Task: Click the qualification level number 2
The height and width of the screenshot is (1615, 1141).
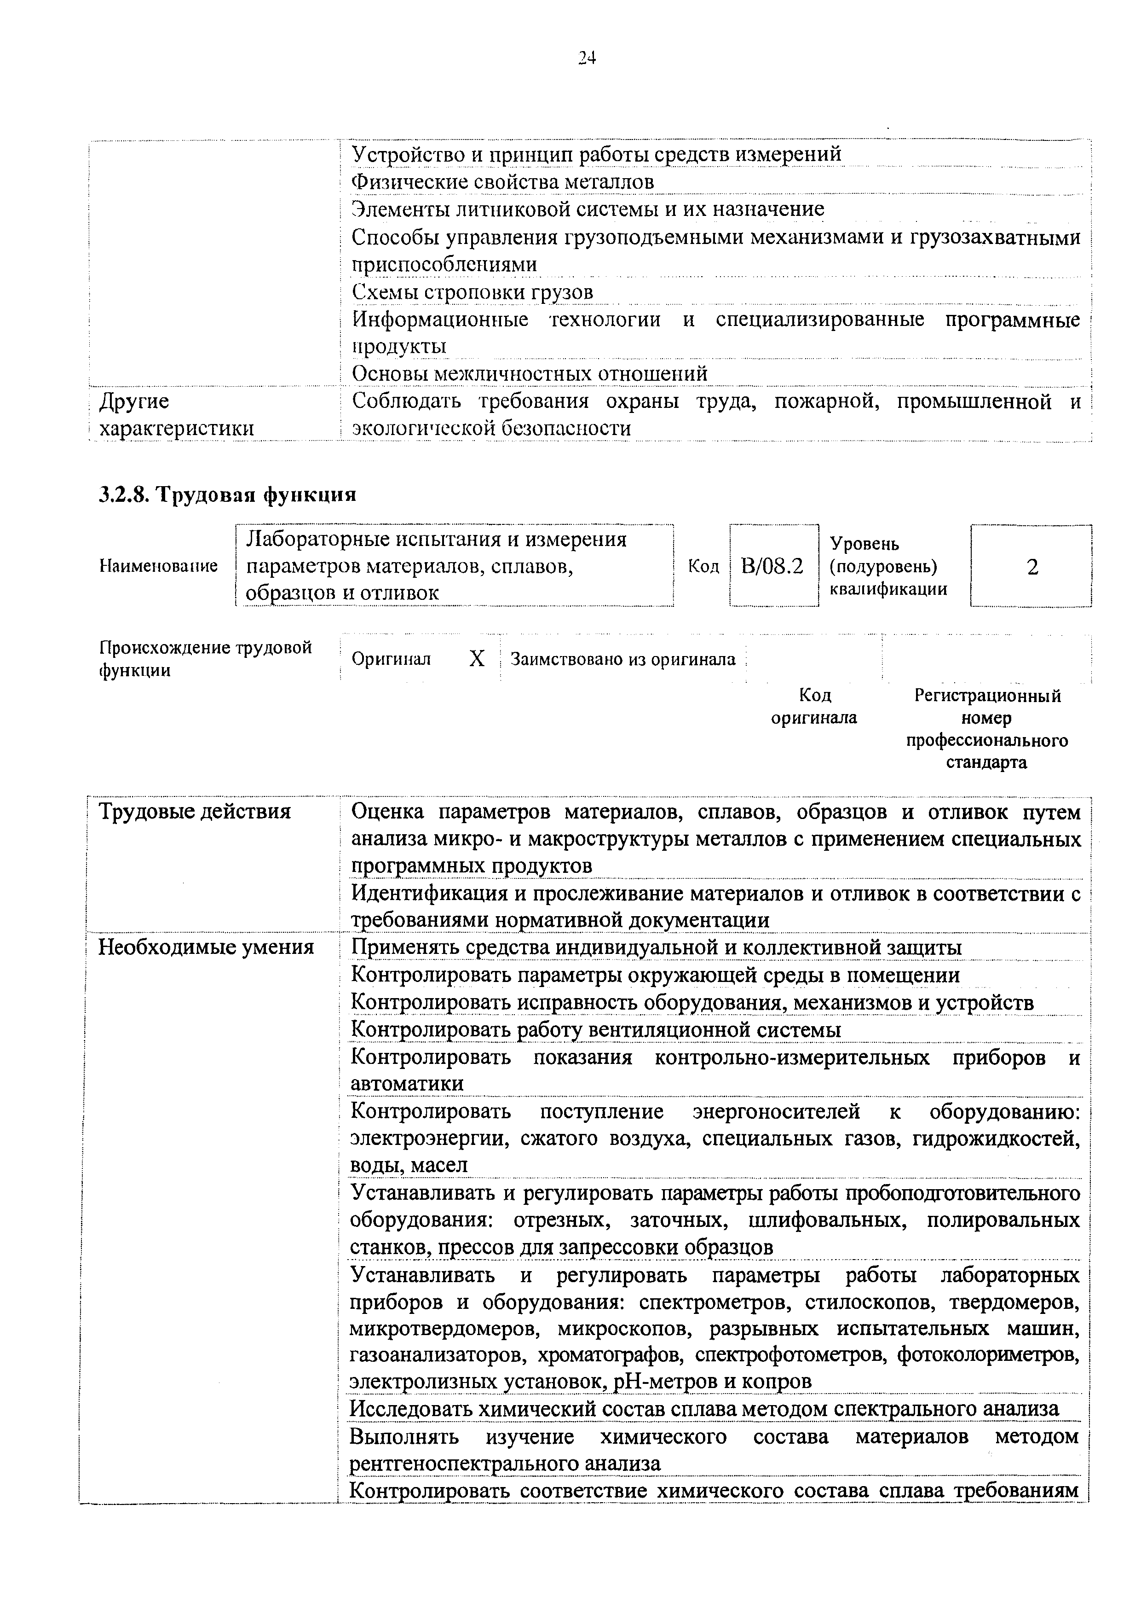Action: click(x=1032, y=567)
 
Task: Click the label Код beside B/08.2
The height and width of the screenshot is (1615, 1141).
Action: click(x=703, y=566)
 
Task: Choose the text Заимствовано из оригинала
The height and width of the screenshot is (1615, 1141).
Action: click(x=623, y=659)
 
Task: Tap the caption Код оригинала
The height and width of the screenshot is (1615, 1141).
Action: click(x=814, y=706)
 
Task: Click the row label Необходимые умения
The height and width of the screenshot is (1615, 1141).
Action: click(x=206, y=947)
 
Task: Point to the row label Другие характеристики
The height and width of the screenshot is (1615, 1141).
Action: click(x=176, y=415)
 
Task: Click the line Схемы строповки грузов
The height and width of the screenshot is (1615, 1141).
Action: click(x=473, y=291)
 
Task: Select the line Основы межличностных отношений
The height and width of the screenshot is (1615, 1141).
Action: click(x=530, y=373)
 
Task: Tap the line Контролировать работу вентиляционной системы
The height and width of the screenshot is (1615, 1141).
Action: click(x=595, y=1030)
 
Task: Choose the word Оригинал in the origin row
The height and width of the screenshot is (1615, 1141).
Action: click(x=391, y=659)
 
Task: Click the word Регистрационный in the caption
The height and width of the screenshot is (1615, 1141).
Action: click(x=986, y=696)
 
